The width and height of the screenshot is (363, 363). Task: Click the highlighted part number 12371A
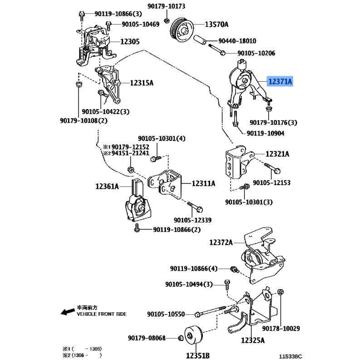point(280,82)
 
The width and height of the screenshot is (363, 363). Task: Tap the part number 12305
point(130,42)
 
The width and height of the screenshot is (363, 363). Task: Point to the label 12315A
point(142,83)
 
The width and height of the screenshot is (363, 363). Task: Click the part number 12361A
point(107,186)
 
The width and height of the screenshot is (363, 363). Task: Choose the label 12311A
point(203,183)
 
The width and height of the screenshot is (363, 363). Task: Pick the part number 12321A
point(277,154)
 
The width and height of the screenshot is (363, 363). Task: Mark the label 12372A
point(221,243)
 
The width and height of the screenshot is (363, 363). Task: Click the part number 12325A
point(253,339)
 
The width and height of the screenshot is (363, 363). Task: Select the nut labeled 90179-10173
point(167,20)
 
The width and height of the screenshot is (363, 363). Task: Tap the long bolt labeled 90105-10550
point(213,313)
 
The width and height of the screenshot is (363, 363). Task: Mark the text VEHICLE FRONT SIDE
point(102,314)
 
